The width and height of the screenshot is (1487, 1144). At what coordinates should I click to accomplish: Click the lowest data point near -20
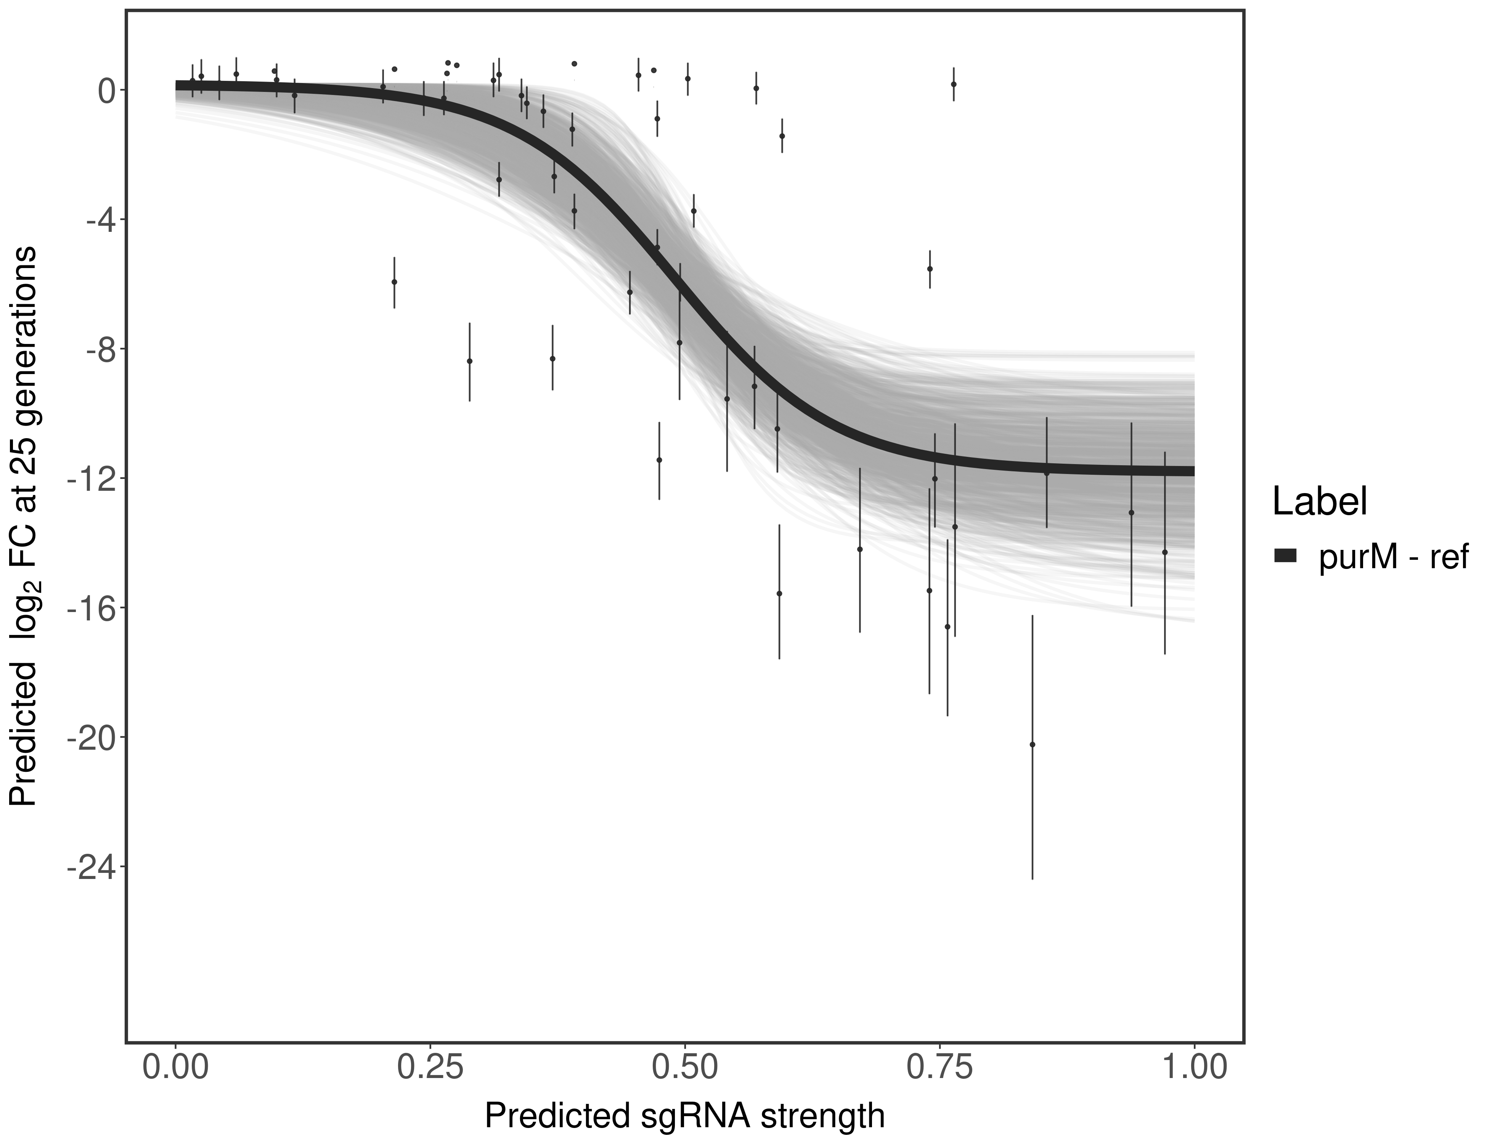point(1032,744)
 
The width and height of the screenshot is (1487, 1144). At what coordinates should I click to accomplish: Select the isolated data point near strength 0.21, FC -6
point(394,282)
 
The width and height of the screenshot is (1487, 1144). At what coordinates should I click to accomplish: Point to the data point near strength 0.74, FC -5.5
point(930,268)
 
